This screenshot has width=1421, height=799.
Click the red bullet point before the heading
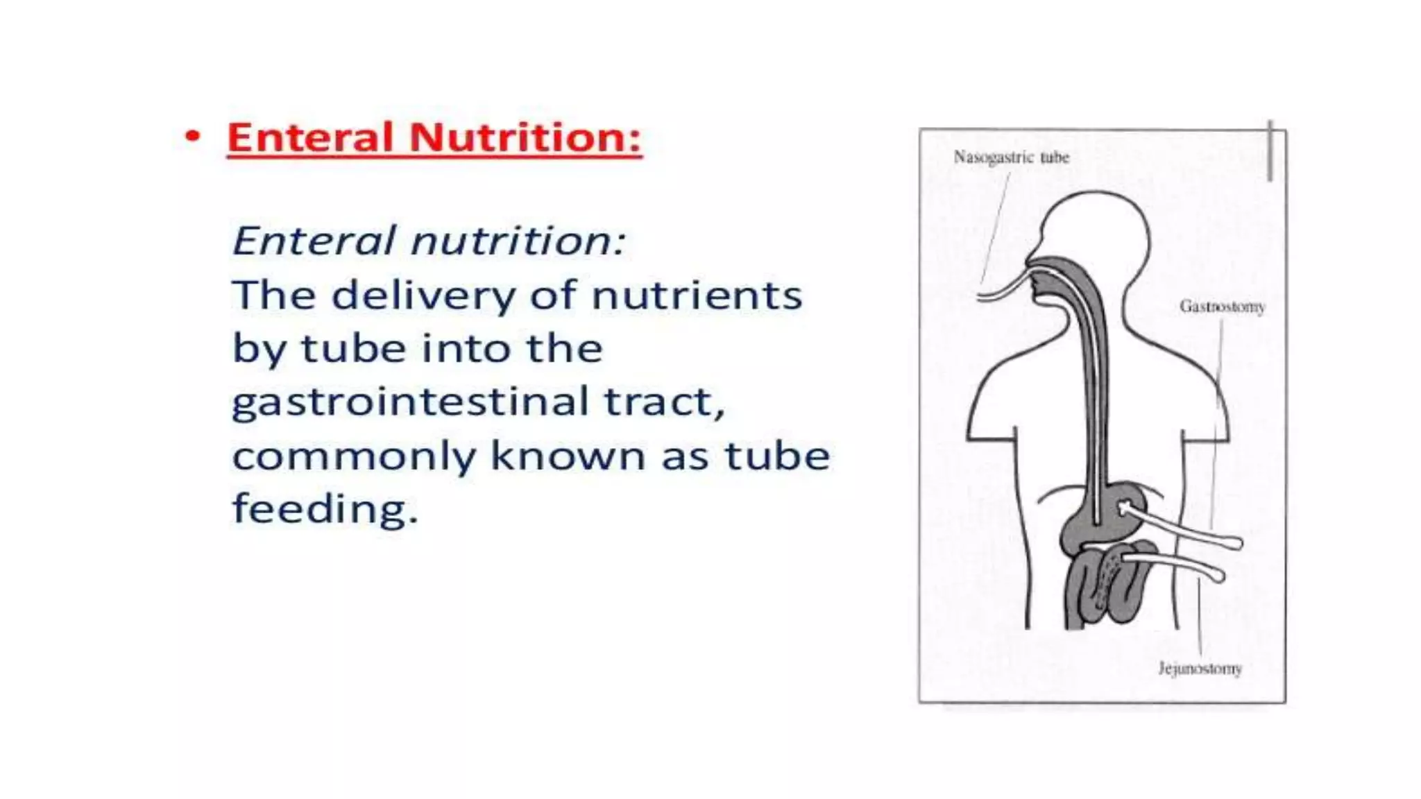192,137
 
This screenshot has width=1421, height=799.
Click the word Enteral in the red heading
310,137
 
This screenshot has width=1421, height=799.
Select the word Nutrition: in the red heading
525,137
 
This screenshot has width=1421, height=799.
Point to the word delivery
424,295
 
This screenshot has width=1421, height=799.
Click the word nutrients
697,295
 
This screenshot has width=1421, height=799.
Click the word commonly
354,457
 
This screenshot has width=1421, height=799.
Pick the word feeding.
325,509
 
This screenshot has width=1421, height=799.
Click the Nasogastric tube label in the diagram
1011,157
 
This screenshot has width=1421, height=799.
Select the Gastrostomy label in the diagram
1222,307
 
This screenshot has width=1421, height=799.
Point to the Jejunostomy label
1200,669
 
